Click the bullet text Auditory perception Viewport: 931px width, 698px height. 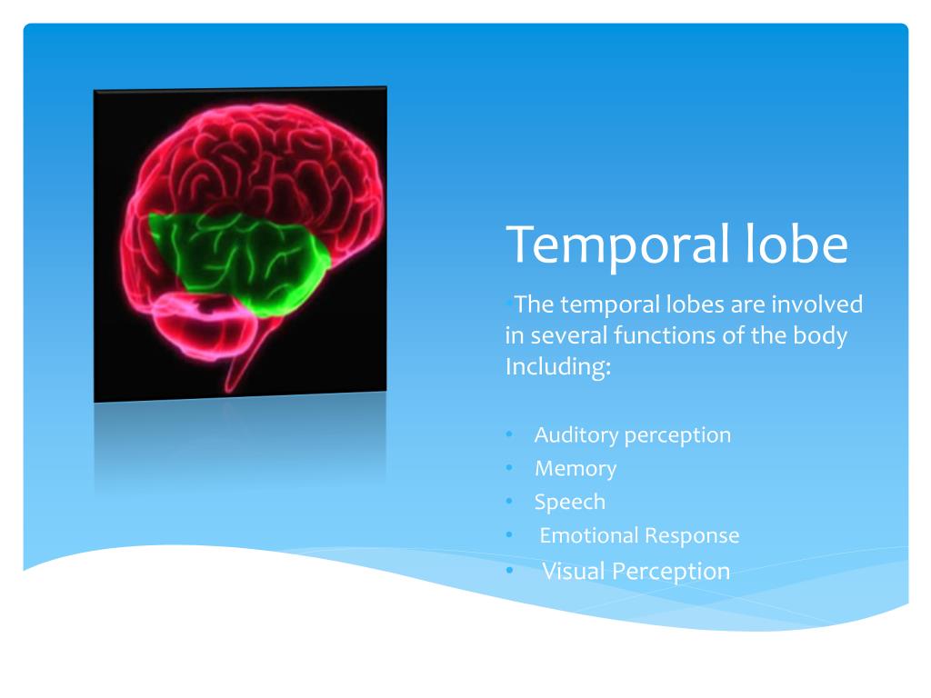pyautogui.click(x=632, y=435)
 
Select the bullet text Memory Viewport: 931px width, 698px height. pyautogui.click(x=576, y=469)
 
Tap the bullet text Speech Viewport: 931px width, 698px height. pyautogui.click(x=570, y=502)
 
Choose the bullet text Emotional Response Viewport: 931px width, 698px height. pyautogui.click(x=639, y=535)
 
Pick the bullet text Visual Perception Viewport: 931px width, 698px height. pyautogui.click(x=636, y=571)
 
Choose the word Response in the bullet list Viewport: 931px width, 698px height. pyautogui.click(x=692, y=536)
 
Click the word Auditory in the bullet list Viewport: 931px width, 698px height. pyautogui.click(x=576, y=435)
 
